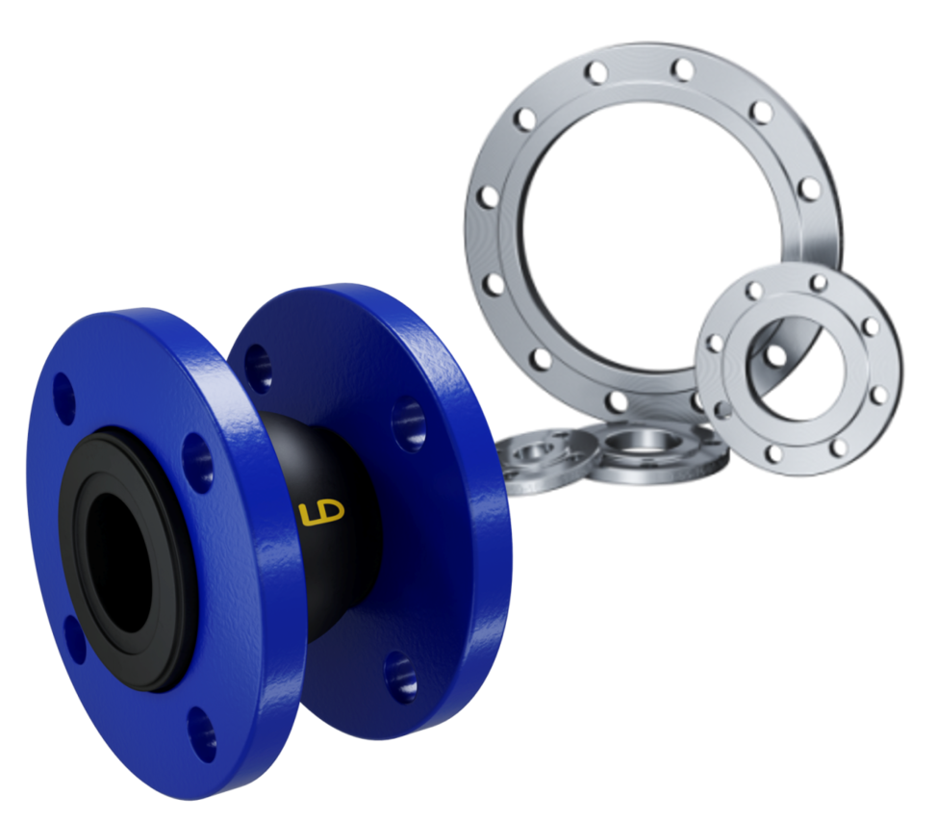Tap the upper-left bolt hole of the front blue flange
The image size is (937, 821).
pyautogui.click(x=63, y=393)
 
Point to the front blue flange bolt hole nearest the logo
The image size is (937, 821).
pyautogui.click(x=198, y=460)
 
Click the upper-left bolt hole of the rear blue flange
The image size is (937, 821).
pyautogui.click(x=258, y=366)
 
